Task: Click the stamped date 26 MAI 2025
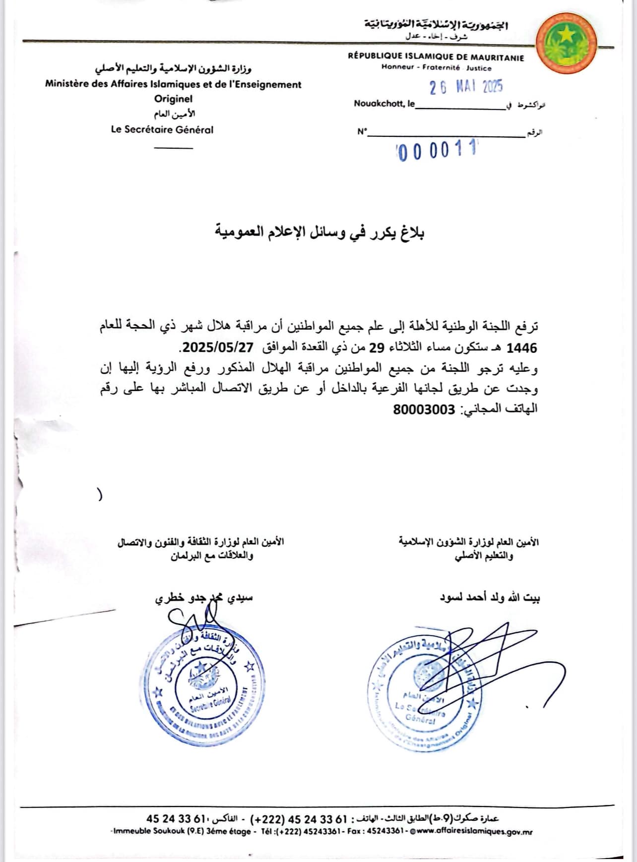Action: click(466, 87)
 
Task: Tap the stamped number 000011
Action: click(437, 150)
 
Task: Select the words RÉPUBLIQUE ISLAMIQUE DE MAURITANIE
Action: click(436, 57)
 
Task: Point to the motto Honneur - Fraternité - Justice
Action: click(436, 68)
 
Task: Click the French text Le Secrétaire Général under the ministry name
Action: click(162, 130)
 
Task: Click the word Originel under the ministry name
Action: click(173, 99)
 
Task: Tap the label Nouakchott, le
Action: click(384, 104)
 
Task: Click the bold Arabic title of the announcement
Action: click(319, 232)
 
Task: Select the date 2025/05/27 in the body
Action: click(218, 347)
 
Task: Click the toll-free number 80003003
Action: click(424, 409)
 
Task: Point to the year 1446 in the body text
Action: click(521, 347)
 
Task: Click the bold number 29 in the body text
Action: click(377, 347)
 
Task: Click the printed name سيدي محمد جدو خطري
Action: click(204, 598)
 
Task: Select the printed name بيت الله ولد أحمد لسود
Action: click(490, 598)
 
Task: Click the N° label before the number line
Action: click(362, 132)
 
